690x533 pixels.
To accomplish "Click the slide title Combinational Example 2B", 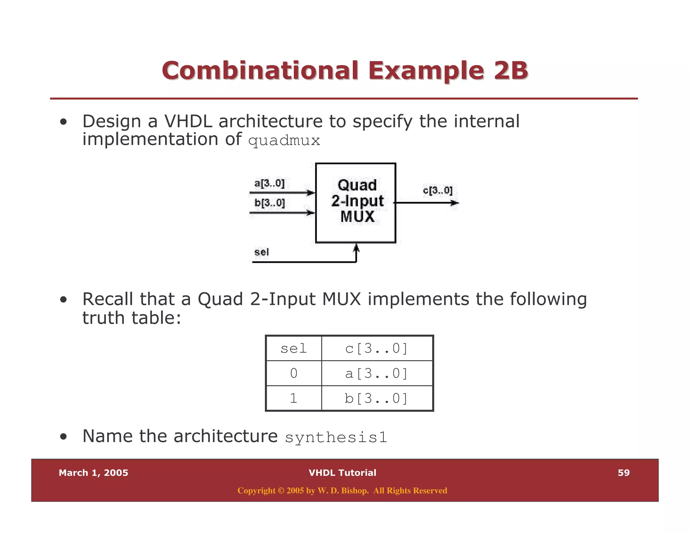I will click(x=345, y=71).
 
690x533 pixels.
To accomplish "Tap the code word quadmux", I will click(x=284, y=140).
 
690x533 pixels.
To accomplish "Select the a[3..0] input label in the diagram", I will click(x=269, y=184).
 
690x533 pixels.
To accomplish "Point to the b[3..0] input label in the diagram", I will click(x=270, y=203).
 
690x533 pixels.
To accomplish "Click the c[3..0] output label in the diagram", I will click(x=438, y=190).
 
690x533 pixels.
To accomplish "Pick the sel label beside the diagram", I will click(x=261, y=252).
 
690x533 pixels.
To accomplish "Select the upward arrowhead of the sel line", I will click(x=356, y=248).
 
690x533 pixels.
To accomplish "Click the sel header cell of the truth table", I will click(x=294, y=348).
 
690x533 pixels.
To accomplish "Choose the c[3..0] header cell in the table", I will click(x=377, y=348).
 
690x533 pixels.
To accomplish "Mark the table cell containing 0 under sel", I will click(x=294, y=373).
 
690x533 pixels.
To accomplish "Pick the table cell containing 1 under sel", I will click(x=294, y=398).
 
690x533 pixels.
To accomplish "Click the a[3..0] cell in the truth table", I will click(x=377, y=373).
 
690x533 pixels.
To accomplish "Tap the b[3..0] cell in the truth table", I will click(x=377, y=398).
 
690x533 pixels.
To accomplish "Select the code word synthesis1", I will click(x=336, y=437).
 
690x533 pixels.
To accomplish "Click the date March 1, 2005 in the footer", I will click(x=93, y=473).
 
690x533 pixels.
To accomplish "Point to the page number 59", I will click(x=624, y=473).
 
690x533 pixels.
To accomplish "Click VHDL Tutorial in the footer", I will click(x=342, y=473).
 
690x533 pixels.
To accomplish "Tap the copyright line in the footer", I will click(x=342, y=491).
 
